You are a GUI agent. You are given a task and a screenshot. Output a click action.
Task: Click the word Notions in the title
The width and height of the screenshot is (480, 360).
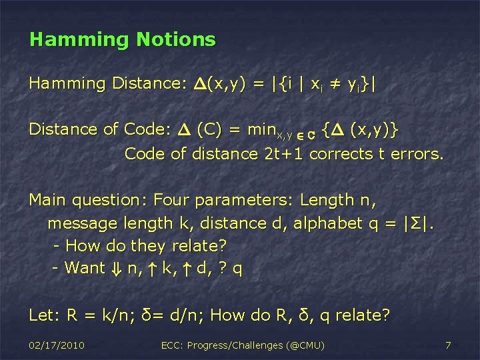[x=176, y=39]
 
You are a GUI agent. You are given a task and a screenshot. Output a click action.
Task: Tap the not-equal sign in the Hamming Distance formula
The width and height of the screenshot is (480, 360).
[x=321, y=84]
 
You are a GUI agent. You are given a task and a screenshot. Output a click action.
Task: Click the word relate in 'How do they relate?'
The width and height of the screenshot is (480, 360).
[x=195, y=246]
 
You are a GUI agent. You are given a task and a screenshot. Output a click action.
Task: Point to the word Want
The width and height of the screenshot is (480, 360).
[x=85, y=268]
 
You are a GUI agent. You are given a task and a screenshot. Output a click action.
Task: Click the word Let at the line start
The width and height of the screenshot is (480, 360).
[x=41, y=314]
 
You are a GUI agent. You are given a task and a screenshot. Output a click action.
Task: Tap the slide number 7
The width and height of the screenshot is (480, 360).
[x=448, y=345]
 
